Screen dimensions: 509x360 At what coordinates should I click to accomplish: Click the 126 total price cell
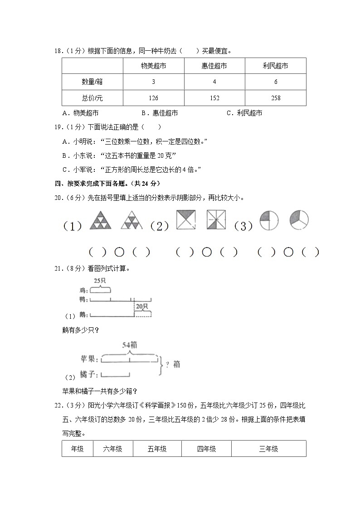point(153,98)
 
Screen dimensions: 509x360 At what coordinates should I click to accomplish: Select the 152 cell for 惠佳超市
point(214,98)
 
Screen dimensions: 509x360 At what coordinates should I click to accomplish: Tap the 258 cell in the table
point(276,98)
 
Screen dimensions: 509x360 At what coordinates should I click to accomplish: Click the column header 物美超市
point(153,66)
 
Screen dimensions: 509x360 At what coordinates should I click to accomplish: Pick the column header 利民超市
point(276,66)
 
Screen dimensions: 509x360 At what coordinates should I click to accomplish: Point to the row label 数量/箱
point(92,82)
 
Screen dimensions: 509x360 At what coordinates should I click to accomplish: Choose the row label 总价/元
point(92,98)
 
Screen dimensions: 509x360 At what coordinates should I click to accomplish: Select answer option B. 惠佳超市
point(159,113)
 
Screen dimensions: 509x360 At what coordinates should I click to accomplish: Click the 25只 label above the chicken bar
point(100,281)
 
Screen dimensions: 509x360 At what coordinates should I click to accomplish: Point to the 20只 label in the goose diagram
point(142,306)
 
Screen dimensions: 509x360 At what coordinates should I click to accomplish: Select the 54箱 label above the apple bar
point(130,345)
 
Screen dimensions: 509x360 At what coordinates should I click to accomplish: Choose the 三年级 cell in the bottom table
point(268,449)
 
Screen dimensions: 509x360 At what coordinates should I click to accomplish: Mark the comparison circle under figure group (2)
point(207,252)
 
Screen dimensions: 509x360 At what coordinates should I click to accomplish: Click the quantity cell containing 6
point(276,82)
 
